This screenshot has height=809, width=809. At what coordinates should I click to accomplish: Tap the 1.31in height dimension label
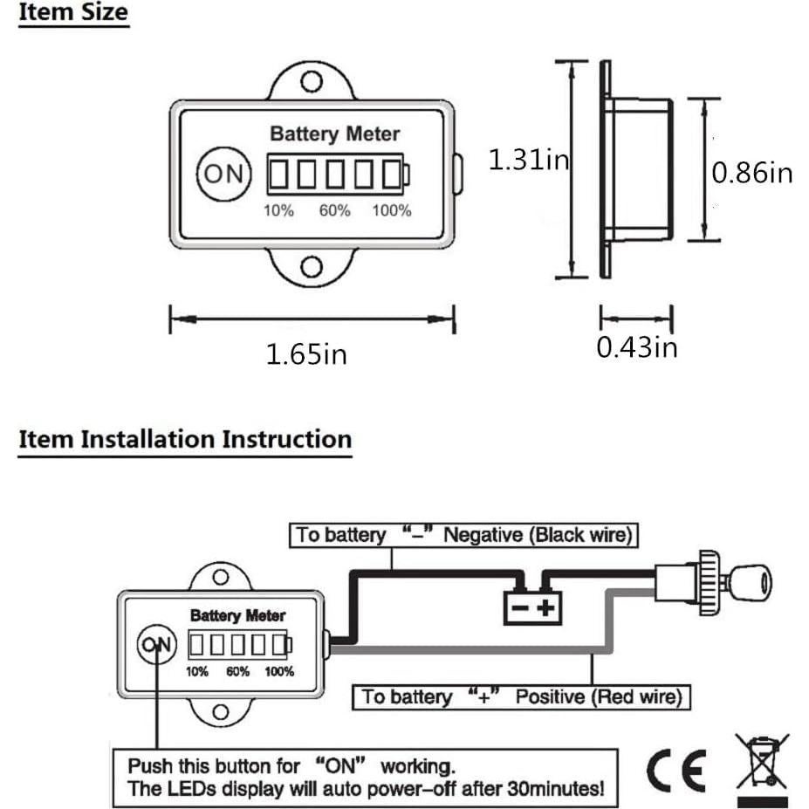527,160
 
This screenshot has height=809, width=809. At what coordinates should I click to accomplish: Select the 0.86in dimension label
752,172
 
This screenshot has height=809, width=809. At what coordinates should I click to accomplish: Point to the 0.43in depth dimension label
636,346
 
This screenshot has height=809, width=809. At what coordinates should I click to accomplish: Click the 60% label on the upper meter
334,210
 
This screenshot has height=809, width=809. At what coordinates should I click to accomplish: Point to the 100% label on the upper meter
392,210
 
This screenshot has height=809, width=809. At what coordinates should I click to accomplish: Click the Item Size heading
73,14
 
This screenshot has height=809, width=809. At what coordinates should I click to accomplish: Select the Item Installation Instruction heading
185,438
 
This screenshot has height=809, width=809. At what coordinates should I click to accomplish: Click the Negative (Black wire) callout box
463,535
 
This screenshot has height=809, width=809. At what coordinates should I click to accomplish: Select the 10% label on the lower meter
196,672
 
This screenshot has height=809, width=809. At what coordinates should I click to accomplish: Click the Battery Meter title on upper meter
334,134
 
